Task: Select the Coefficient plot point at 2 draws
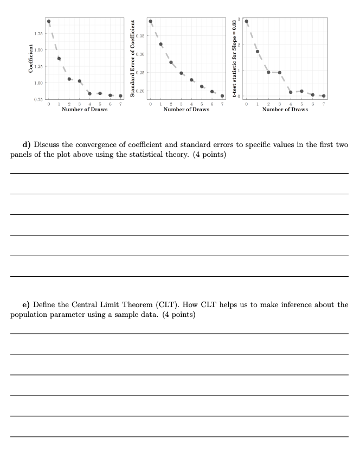[69, 79]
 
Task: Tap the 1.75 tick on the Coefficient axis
[38, 34]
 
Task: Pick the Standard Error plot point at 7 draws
[222, 96]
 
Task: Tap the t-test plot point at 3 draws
[280, 72]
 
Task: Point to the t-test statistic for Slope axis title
[234, 59]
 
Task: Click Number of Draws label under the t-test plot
[285, 110]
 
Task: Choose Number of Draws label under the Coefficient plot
[85, 110]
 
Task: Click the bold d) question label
[25, 145]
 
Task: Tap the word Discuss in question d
[48, 145]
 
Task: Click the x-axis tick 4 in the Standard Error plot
[191, 103]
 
